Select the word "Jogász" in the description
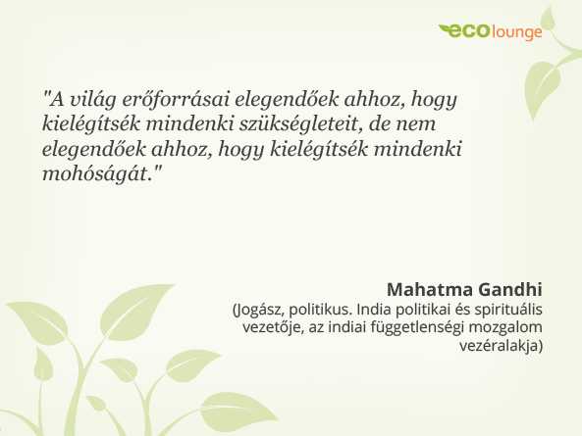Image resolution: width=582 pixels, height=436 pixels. point(259,311)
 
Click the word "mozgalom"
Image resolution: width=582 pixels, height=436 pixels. point(504,328)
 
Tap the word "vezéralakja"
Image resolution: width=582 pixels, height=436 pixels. point(499,346)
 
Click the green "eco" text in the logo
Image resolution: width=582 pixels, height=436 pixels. point(465,31)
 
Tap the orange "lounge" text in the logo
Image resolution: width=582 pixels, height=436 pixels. point(516,32)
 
